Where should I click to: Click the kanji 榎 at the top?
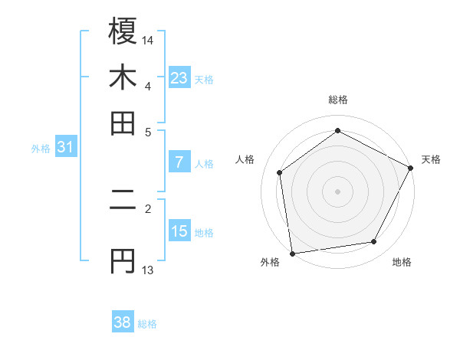(x=123, y=32)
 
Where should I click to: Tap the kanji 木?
(x=123, y=78)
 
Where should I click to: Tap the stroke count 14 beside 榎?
(x=148, y=40)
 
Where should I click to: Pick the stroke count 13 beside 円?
(x=147, y=270)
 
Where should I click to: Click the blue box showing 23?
(x=179, y=77)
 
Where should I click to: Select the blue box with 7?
(x=179, y=162)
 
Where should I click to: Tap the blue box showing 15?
(x=179, y=231)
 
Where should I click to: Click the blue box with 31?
(x=65, y=148)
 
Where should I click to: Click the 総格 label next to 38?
(x=147, y=324)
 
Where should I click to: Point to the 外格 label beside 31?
(x=40, y=149)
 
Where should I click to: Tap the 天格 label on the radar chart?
(x=431, y=159)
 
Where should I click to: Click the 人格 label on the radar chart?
(x=245, y=159)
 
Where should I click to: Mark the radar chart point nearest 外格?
(x=292, y=253)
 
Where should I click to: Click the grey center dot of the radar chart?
(x=337, y=191)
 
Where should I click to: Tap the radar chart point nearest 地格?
(x=374, y=242)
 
